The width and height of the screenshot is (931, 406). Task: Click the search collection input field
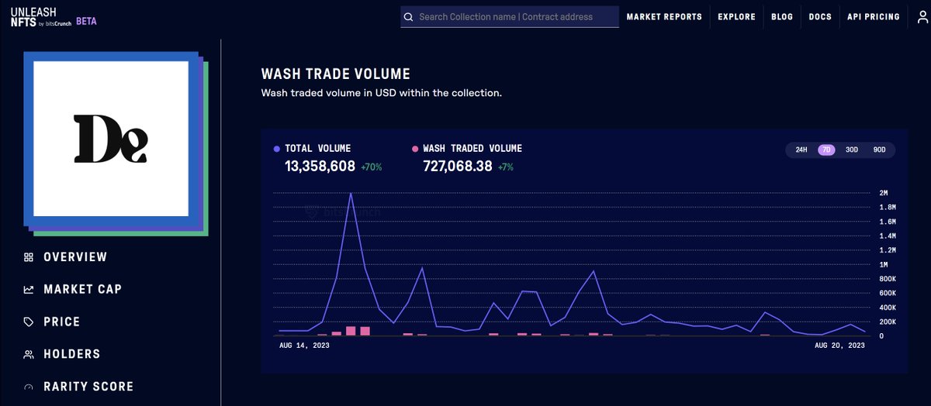click(x=510, y=16)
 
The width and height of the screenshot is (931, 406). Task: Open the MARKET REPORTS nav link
click(x=664, y=16)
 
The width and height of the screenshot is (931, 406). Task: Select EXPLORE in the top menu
click(x=736, y=16)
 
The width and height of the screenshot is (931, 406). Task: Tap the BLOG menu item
click(x=782, y=16)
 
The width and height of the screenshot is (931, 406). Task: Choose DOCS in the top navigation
click(x=820, y=16)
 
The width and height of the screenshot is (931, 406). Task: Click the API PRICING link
click(x=874, y=16)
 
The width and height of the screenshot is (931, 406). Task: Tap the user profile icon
click(x=922, y=17)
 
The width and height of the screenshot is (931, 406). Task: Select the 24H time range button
click(x=801, y=150)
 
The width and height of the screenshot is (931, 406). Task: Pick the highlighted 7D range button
click(x=826, y=150)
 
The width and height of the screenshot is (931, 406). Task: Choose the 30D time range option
click(x=852, y=150)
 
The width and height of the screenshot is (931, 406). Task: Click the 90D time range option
click(x=879, y=150)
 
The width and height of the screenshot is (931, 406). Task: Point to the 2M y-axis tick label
click(x=883, y=193)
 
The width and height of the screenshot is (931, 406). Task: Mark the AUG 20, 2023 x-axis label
click(x=839, y=346)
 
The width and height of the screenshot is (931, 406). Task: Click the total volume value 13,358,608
click(x=320, y=167)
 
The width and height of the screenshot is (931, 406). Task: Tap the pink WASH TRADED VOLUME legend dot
click(x=415, y=149)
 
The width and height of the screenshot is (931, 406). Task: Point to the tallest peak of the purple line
click(x=351, y=194)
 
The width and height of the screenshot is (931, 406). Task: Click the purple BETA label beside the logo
click(x=86, y=21)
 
